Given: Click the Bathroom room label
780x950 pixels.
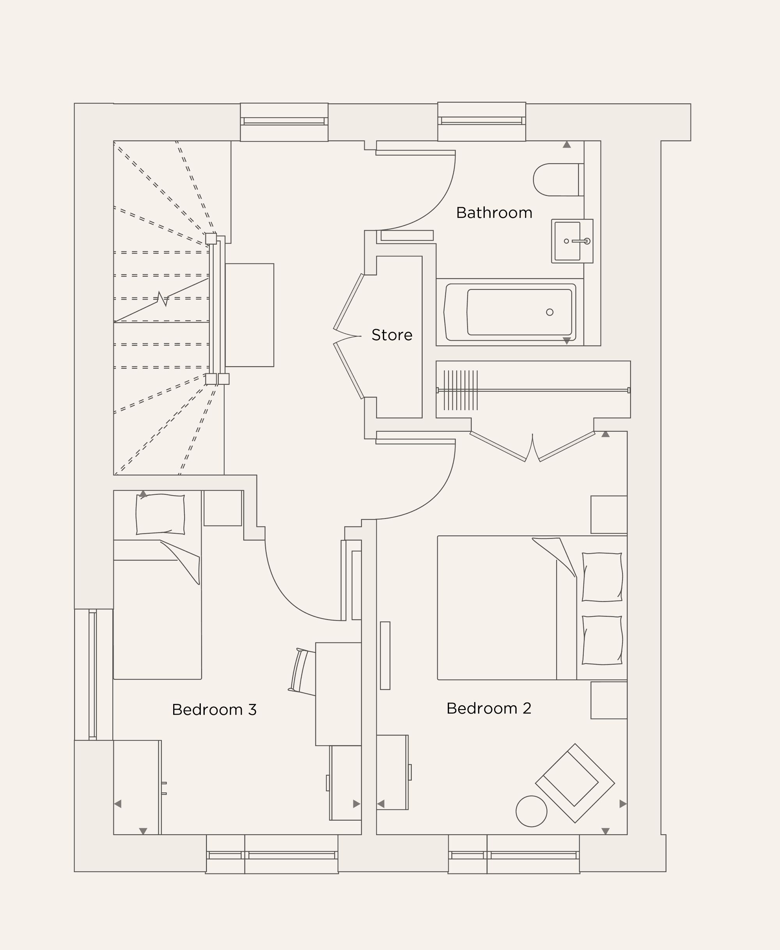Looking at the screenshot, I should click(494, 213).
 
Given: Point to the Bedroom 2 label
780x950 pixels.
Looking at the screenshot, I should click(488, 708).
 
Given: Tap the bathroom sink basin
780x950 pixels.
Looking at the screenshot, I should click(567, 241).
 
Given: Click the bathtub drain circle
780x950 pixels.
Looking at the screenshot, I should click(550, 312).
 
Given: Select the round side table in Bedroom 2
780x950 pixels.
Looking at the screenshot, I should click(531, 811).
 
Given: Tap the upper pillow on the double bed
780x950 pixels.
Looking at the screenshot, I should click(602, 577).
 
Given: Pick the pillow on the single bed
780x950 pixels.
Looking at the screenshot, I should click(160, 514).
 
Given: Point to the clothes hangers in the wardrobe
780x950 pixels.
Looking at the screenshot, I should click(461, 390).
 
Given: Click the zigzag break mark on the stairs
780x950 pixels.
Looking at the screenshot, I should click(163, 299).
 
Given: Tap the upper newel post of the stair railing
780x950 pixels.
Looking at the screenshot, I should click(211, 239).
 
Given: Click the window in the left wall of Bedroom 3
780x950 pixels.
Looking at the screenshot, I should click(92, 674).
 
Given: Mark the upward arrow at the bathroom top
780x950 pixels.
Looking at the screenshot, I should click(567, 145).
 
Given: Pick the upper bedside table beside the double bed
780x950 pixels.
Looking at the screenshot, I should click(608, 515).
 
